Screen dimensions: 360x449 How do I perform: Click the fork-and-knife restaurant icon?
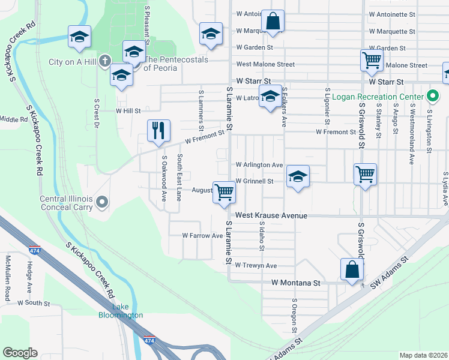[158, 130]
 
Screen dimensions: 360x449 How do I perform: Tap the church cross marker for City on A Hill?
[104, 61]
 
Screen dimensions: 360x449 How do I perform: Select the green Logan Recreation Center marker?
[432, 96]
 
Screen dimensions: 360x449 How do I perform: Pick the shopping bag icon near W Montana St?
[351, 269]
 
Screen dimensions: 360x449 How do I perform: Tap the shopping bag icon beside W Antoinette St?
[273, 21]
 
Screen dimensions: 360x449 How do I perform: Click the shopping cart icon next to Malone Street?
[372, 60]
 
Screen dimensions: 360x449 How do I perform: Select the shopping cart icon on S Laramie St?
[224, 193]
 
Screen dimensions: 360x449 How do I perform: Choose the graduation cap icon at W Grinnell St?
[297, 176]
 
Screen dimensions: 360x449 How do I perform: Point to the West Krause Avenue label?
[271, 215]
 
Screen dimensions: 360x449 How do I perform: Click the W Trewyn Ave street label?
[256, 265]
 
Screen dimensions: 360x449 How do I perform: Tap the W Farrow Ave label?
[203, 236]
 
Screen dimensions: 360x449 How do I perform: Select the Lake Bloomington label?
[121, 311]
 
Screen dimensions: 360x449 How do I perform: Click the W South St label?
[34, 304]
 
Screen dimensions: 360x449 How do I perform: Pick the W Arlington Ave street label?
[259, 165]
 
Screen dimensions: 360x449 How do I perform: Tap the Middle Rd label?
[14, 119]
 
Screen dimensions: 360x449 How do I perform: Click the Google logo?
[20, 353]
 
